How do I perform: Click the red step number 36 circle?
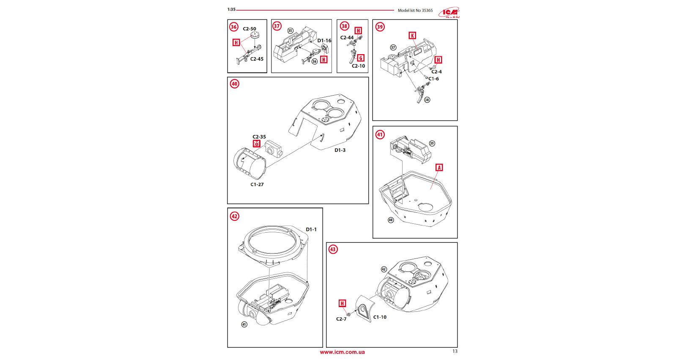234,27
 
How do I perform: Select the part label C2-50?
249,29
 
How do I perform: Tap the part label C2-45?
257,59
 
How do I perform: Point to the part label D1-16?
324,41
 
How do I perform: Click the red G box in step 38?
361,58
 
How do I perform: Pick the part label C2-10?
358,66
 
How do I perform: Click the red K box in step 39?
412,36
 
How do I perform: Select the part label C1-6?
433,79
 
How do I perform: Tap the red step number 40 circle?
235,84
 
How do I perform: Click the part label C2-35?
259,137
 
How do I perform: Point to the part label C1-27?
257,184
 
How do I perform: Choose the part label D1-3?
340,150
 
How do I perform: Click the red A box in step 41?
439,168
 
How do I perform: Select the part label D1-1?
311,230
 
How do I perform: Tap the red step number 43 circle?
333,249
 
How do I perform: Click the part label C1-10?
380,317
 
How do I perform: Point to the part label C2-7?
341,319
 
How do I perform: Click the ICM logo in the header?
449,13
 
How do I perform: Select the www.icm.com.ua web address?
342,352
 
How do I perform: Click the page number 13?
455,351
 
